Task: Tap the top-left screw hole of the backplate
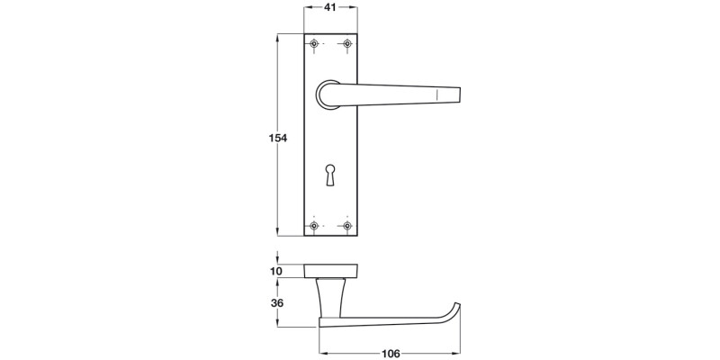click(314, 44)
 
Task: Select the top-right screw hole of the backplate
click(346, 44)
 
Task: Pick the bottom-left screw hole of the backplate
click(314, 225)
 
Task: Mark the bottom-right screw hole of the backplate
click(346, 225)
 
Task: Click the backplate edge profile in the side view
click(331, 271)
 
